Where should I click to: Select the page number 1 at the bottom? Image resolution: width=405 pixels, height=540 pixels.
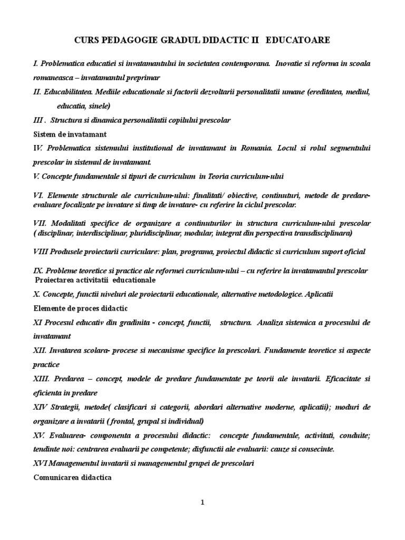click(x=202, y=502)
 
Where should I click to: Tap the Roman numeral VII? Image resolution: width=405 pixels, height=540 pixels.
click(x=39, y=223)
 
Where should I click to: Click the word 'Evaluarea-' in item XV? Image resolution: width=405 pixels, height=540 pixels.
click(x=67, y=436)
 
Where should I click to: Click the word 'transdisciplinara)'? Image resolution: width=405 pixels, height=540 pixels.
click(x=320, y=233)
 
